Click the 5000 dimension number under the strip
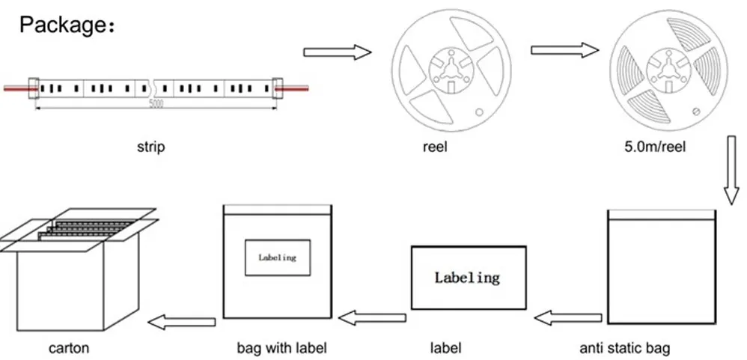pos(156,104)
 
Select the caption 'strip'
pos(150,147)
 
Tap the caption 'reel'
pos(435,147)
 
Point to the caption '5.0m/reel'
pos(655,147)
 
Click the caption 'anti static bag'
pos(625,348)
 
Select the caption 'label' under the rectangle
pos(445,348)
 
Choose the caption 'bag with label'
pos(282,348)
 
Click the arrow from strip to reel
pos(338,52)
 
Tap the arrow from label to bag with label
pos(372,318)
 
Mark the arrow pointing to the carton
pos(182,322)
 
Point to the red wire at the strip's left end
pos(15,88)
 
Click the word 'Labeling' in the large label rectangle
pos(467,278)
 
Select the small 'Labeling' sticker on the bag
pos(277,257)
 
